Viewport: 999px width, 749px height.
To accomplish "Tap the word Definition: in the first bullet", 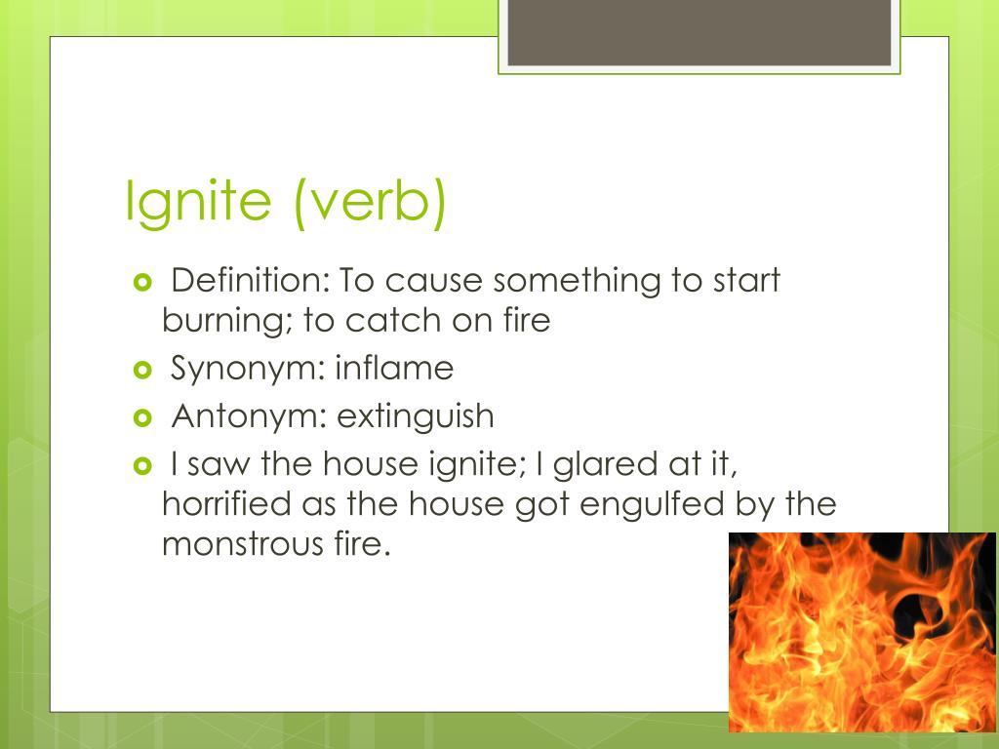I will (250, 281).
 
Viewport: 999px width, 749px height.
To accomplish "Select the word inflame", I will (394, 369).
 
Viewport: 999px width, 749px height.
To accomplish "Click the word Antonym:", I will (249, 416).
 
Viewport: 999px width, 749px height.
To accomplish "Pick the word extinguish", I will (416, 416).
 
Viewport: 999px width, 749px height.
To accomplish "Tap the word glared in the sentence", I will (602, 464).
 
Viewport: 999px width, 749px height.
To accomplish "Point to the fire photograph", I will (862, 631).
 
